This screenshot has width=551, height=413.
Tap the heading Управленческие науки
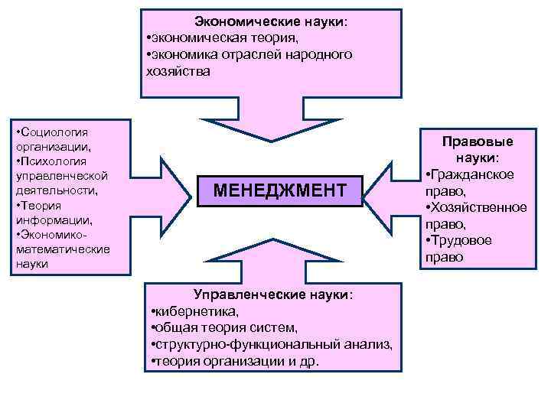[x=273, y=294]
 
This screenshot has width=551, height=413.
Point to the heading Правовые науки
[x=478, y=150]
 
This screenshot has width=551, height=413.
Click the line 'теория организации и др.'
[x=236, y=362]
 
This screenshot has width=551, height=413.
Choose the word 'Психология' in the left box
[x=55, y=161]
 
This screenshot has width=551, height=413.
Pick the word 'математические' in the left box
[x=62, y=249]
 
